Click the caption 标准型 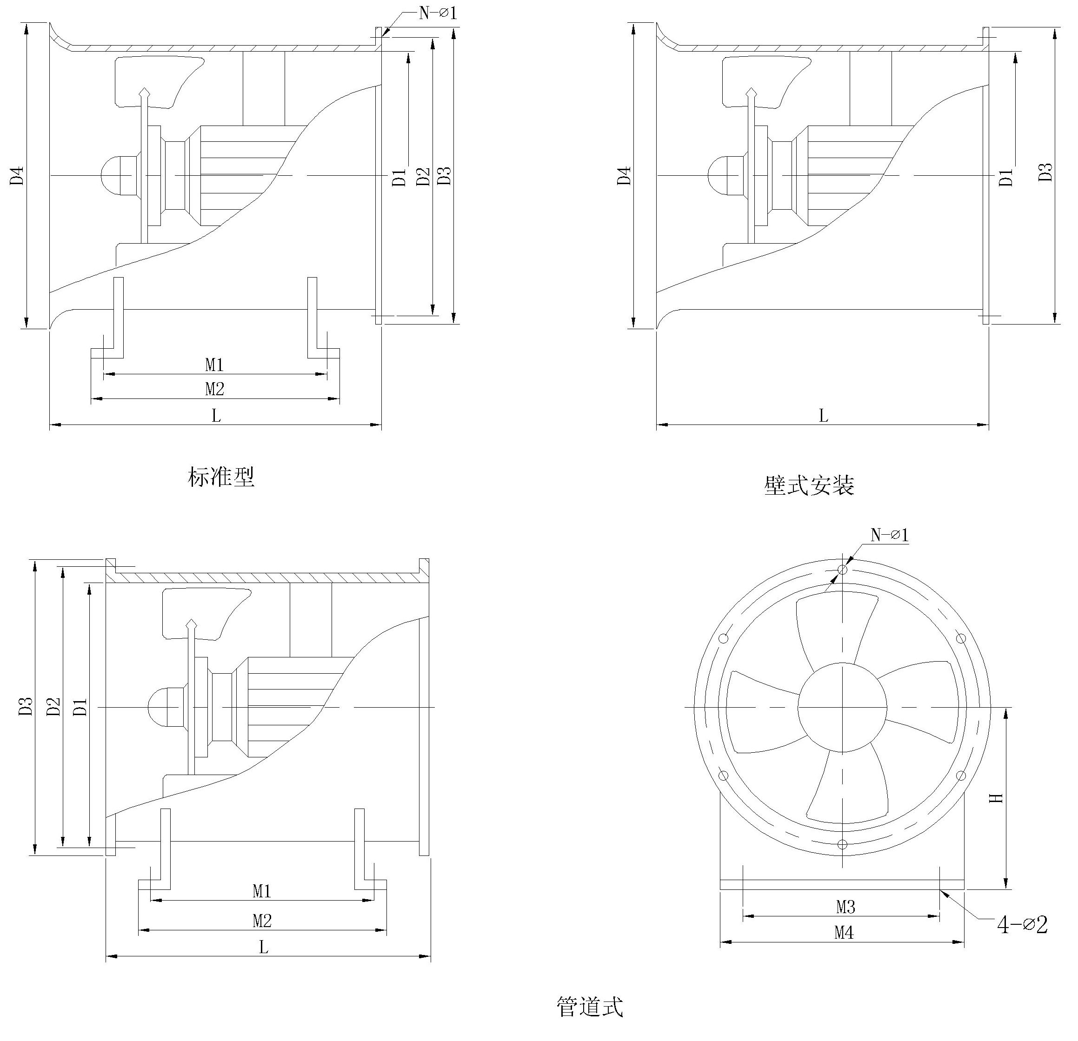click(221, 477)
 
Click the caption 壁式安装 click(809, 485)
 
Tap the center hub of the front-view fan click(842, 707)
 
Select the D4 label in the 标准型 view click(18, 175)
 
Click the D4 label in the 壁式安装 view click(624, 175)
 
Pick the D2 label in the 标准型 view click(422, 176)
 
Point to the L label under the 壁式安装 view click(823, 416)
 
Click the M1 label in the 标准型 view click(214, 365)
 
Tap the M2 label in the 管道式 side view click(262, 921)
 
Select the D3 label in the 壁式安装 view click(1046, 172)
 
